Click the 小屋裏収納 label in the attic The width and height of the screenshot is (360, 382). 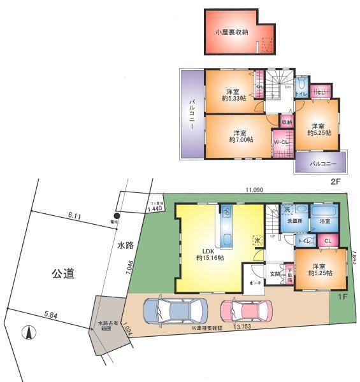232,31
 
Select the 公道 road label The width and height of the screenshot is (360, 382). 63,274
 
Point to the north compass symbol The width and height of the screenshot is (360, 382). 29,332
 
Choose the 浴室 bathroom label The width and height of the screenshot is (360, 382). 325,221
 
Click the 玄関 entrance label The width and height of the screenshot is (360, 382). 275,274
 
